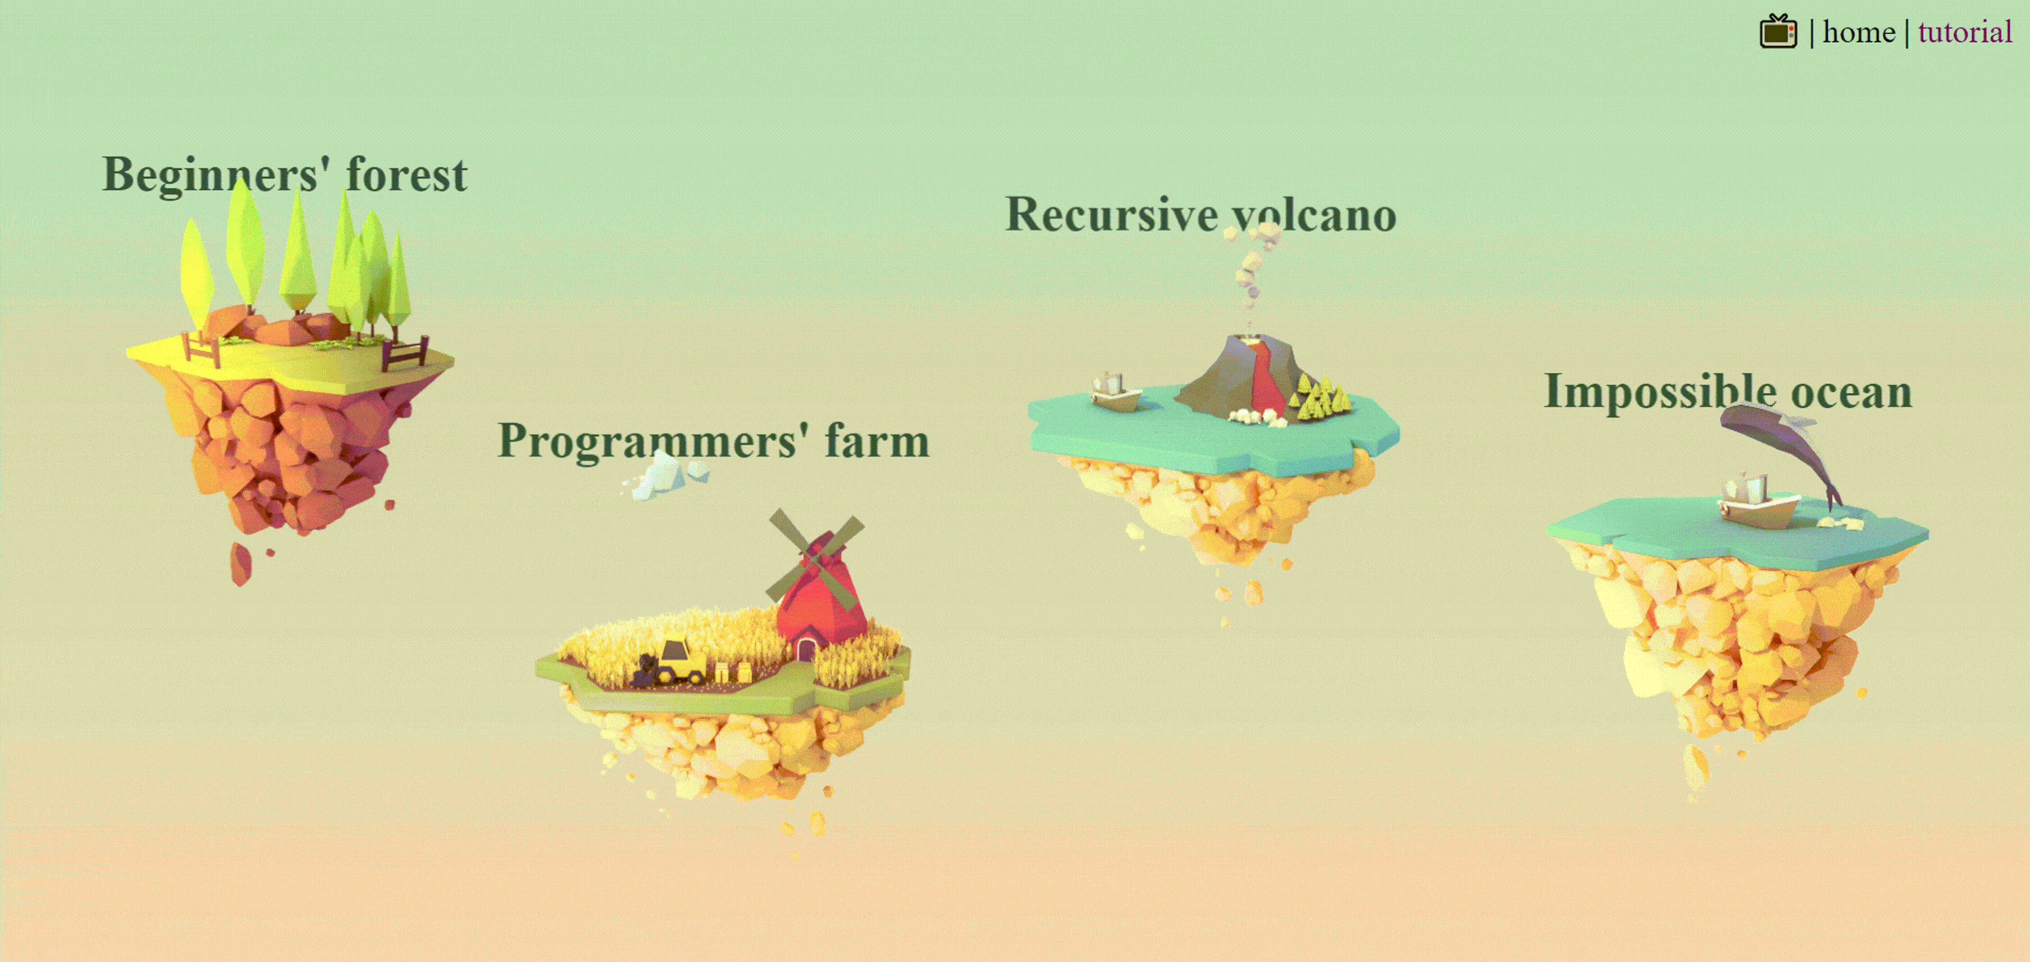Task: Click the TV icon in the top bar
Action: pyautogui.click(x=1778, y=32)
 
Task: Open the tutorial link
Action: pyautogui.click(x=1964, y=32)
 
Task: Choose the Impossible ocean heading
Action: pyautogui.click(x=1728, y=392)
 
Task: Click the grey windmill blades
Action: pyautogui.click(x=816, y=559)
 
